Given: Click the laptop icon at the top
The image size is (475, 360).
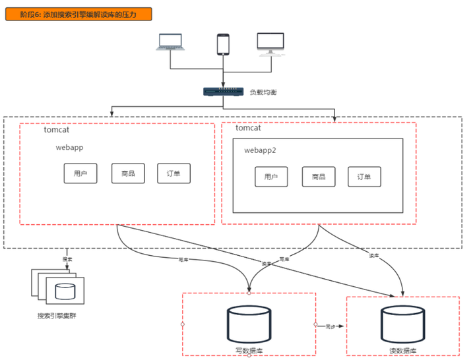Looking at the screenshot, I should pyautogui.click(x=171, y=42).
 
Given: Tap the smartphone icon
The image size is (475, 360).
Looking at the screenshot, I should pyautogui.click(x=223, y=44).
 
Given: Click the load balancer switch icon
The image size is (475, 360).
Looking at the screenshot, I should pyautogui.click(x=222, y=92).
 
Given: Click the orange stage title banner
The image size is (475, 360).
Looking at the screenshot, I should pyautogui.click(x=79, y=14).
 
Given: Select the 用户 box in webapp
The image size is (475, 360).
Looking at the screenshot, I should pyautogui.click(x=80, y=173).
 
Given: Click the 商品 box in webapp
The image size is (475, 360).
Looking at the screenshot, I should pyautogui.click(x=128, y=173).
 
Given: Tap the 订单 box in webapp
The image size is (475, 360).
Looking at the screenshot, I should pyautogui.click(x=174, y=173).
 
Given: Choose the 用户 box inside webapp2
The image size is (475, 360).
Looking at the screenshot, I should pyautogui.click(x=271, y=177).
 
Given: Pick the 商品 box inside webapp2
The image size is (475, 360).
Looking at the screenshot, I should pyautogui.click(x=319, y=177).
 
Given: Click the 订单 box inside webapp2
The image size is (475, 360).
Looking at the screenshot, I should pyautogui.click(x=365, y=177).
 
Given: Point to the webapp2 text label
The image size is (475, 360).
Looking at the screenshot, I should pyautogui.click(x=260, y=150).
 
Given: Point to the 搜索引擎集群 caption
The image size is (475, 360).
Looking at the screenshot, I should pyautogui.click(x=57, y=316).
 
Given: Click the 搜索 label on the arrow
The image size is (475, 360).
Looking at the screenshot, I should pyautogui.click(x=67, y=258).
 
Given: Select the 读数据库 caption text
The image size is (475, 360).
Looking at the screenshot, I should pyautogui.click(x=402, y=351).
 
